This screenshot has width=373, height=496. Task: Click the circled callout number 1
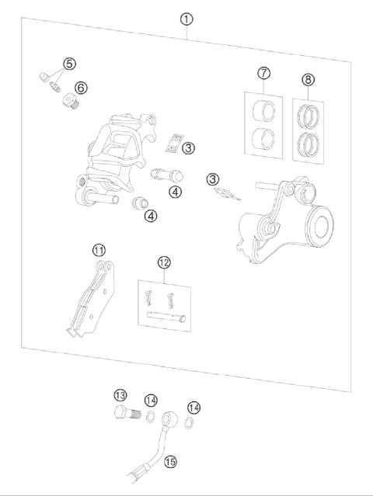[186, 18]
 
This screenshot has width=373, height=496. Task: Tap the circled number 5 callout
[70, 63]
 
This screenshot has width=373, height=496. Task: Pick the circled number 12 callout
[162, 263]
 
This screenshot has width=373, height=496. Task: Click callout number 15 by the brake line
[170, 461]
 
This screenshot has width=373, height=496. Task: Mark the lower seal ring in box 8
[309, 143]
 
